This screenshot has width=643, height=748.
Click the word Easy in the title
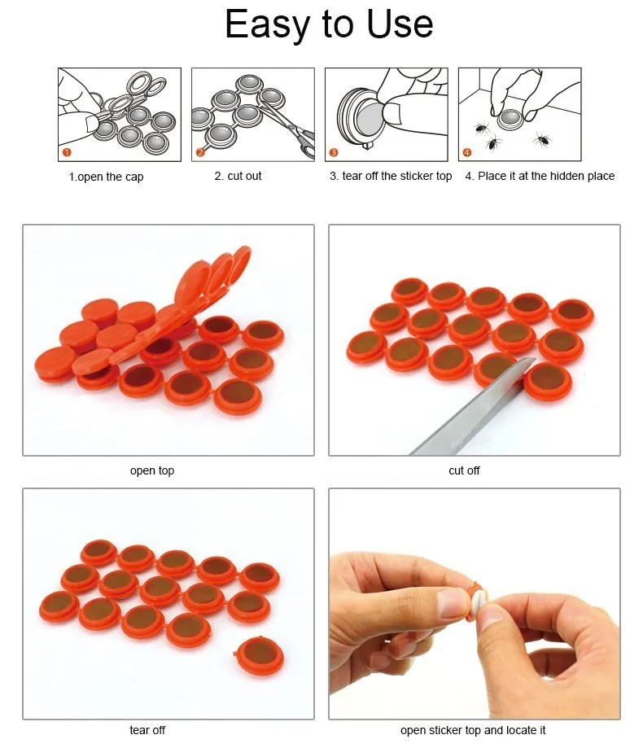266,24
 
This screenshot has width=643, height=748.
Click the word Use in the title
400,24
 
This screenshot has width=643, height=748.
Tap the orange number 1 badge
67,152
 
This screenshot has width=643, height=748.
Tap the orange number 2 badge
200,152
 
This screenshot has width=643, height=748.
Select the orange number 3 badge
334,152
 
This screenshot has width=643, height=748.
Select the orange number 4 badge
467,152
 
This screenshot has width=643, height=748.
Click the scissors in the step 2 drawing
290,125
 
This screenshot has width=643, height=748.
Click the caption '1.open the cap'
106,177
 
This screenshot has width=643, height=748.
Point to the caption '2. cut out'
238,176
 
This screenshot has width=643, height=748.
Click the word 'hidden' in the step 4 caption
566,176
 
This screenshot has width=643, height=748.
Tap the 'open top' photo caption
152,470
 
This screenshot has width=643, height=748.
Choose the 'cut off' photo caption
464,470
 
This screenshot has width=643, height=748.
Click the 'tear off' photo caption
147,730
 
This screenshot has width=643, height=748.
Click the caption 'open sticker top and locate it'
473,730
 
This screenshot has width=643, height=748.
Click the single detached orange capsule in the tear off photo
260,656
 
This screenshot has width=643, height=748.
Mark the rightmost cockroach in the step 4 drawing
542,140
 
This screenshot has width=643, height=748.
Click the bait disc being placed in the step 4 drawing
510,119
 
